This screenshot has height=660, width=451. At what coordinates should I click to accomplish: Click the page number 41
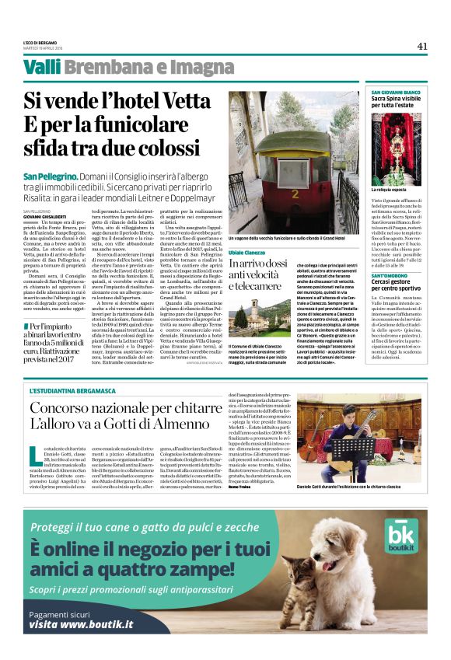coord(422,46)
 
